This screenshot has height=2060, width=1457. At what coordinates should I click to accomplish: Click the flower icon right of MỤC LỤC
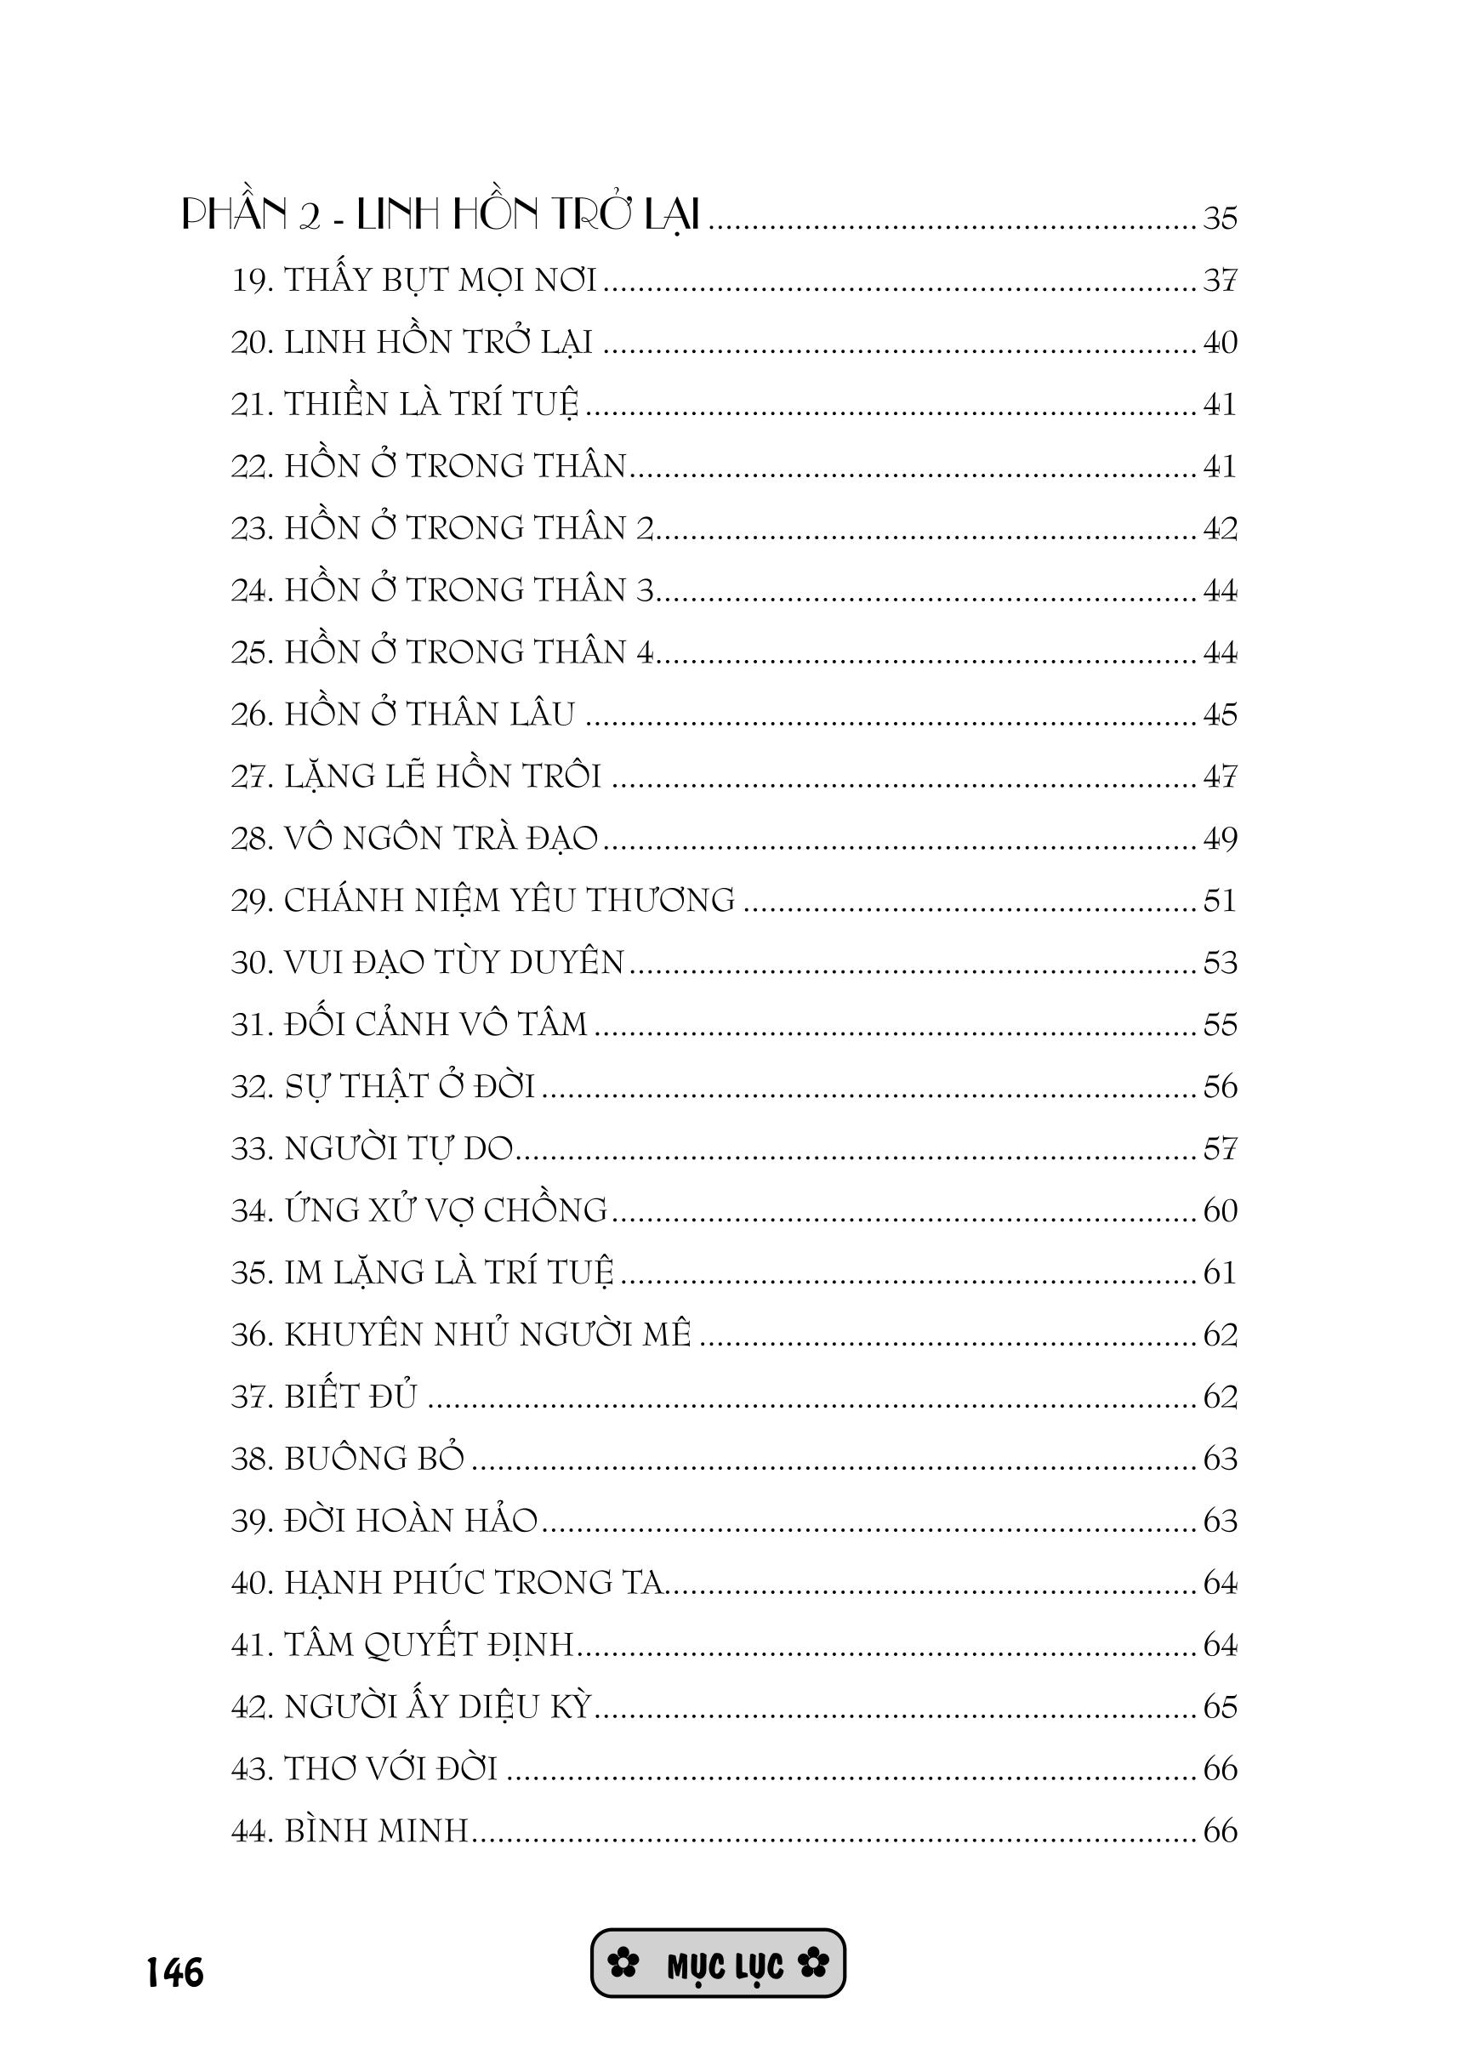coord(814,1965)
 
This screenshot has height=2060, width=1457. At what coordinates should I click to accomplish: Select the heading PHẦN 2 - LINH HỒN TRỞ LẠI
coord(440,216)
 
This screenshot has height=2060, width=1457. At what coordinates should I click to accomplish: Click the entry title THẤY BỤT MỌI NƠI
coord(440,280)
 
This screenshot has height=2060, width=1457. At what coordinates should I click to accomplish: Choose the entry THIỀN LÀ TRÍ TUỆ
coord(431,404)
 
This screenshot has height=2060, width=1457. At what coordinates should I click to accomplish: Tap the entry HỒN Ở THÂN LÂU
coord(429,714)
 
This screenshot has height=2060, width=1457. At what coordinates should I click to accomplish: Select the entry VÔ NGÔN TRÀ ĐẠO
coord(441,838)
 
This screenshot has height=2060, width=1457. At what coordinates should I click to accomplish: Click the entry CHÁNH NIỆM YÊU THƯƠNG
coord(509,900)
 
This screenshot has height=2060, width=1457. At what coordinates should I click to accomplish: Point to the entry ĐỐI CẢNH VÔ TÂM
coord(435,1024)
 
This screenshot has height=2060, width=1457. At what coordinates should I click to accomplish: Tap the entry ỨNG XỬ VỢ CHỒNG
coord(446,1210)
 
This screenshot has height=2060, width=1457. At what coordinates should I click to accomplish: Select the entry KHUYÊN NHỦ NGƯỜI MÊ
coord(487,1334)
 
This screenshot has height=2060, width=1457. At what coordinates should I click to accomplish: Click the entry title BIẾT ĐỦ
coord(350,1396)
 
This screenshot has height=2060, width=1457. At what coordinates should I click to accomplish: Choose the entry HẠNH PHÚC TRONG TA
coord(473,1583)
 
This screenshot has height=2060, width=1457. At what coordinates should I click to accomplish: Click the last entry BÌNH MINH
coord(377,1830)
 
